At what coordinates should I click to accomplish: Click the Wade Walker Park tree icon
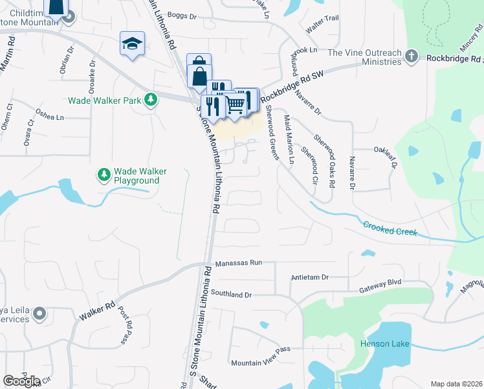[151, 99]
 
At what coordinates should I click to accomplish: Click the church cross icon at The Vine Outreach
[411, 56]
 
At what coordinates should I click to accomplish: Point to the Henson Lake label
[385, 344]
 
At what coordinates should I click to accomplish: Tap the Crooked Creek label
[390, 228]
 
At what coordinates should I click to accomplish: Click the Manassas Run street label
[238, 265]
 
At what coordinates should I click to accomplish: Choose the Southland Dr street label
[230, 294]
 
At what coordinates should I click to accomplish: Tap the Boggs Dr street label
[181, 15]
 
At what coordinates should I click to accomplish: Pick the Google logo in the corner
[21, 381]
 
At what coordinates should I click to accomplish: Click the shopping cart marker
[236, 102]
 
